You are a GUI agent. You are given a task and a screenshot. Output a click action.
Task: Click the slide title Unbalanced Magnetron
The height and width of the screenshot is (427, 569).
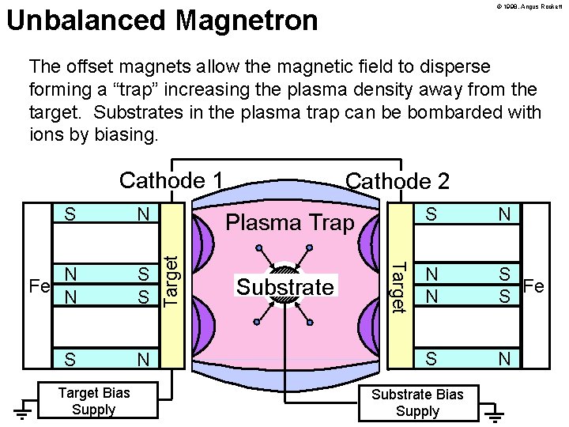point(162,21)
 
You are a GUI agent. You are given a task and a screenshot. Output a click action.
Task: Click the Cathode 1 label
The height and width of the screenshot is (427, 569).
point(171,180)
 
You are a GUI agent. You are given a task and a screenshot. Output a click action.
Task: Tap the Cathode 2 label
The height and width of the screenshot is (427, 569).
point(398,181)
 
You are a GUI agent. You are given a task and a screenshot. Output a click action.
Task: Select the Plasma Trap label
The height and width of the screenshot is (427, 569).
point(290,223)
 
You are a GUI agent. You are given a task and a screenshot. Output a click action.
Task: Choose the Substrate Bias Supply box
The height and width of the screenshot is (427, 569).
point(417,402)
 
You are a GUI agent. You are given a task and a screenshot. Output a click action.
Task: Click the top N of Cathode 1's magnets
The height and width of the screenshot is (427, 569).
point(143,213)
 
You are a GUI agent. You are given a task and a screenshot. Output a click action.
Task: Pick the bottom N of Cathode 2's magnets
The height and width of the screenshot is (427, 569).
point(503,359)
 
